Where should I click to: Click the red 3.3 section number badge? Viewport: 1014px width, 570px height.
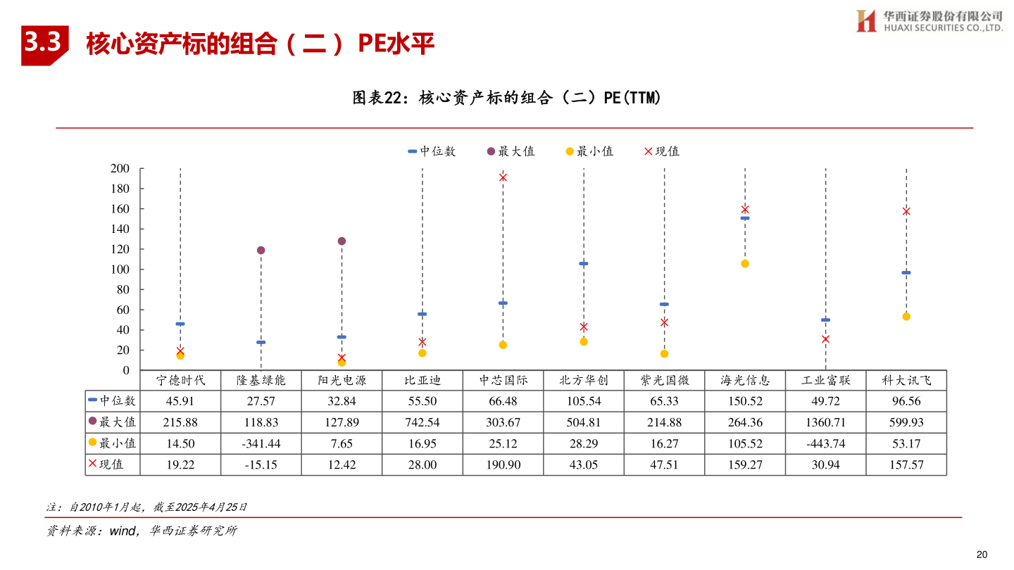pyautogui.click(x=44, y=44)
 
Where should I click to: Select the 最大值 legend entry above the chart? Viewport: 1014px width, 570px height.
pyautogui.click(x=511, y=151)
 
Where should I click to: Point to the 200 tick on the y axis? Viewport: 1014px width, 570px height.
pyautogui.click(x=120, y=168)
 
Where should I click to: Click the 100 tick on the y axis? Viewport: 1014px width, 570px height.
pyautogui.click(x=120, y=270)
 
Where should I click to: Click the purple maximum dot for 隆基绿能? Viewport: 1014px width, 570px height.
pyautogui.click(x=261, y=251)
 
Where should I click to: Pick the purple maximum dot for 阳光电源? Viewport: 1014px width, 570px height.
pyautogui.click(x=342, y=241)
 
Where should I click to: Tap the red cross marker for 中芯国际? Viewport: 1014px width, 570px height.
pyautogui.click(x=503, y=177)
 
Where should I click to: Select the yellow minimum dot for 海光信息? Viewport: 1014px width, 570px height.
pyautogui.click(x=745, y=264)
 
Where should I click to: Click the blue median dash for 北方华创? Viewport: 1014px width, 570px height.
pyautogui.click(x=583, y=263)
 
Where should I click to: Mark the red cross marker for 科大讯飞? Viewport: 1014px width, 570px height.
pyautogui.click(x=906, y=211)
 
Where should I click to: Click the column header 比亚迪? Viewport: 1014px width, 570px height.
pyautogui.click(x=423, y=381)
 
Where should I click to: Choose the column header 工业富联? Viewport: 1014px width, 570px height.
pyautogui.click(x=825, y=381)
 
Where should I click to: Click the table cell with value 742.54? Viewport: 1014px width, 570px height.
pyautogui.click(x=423, y=423)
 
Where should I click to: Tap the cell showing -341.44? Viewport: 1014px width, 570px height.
pyautogui.click(x=261, y=444)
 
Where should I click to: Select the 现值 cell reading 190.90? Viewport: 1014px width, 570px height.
pyautogui.click(x=503, y=465)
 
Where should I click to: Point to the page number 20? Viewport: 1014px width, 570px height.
pyautogui.click(x=982, y=554)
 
